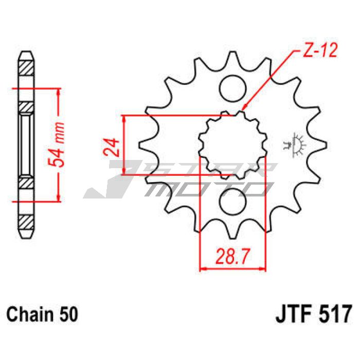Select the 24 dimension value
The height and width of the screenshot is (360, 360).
pos(112,147)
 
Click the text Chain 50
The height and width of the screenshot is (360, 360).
pos(43,314)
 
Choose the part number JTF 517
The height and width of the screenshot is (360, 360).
pos(314,314)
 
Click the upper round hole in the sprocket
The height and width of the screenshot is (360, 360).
pos(232,89)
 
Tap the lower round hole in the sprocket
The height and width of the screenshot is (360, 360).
pos(232,202)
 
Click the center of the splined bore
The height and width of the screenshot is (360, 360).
pos(233,145)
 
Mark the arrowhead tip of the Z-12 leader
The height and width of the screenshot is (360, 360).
pos(242,110)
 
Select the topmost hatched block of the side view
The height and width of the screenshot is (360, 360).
pos(26,68)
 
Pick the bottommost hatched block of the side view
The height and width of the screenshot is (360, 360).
pos(26,222)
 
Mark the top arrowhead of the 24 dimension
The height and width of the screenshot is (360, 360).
pos(124,118)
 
